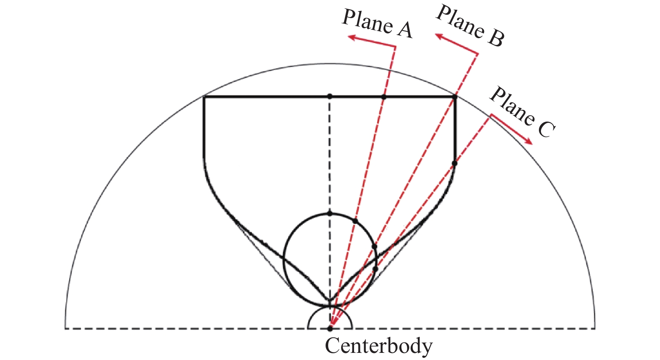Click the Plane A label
(x=377, y=24)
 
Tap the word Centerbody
(x=378, y=346)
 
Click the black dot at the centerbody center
(x=330, y=328)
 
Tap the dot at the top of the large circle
(x=330, y=214)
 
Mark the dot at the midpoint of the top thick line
(x=330, y=96)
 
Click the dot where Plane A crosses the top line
(x=383, y=97)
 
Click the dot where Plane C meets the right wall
(x=455, y=163)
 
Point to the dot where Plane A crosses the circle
(x=355, y=221)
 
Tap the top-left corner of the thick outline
(x=204, y=97)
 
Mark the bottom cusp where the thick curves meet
(x=330, y=301)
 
